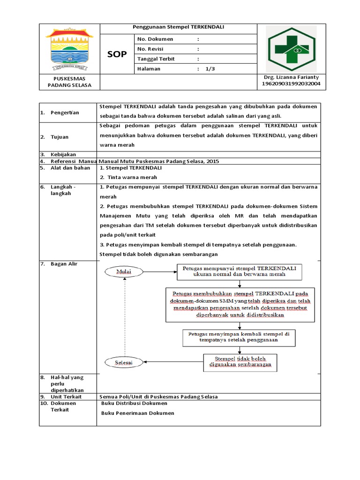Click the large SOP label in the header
point(117,54)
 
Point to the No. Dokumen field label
point(155,39)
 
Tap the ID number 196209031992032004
point(291,84)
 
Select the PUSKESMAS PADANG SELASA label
point(69,82)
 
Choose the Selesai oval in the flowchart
point(125,362)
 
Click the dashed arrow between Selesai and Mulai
point(125,316)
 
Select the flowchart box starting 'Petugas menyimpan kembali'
point(239,337)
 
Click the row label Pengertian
point(65,112)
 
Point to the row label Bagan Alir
point(64,264)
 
